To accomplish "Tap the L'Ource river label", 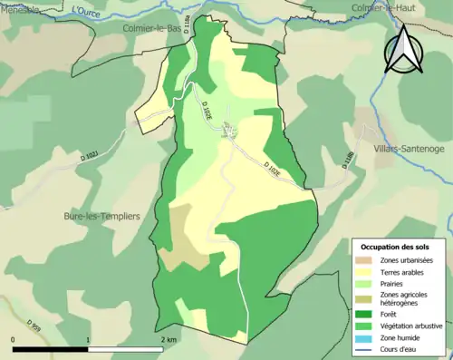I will pos(86,11).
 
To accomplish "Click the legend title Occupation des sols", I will pos(396,247).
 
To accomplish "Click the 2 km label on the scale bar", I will pos(169,339).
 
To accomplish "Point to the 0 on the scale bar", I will pos(13,339).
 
